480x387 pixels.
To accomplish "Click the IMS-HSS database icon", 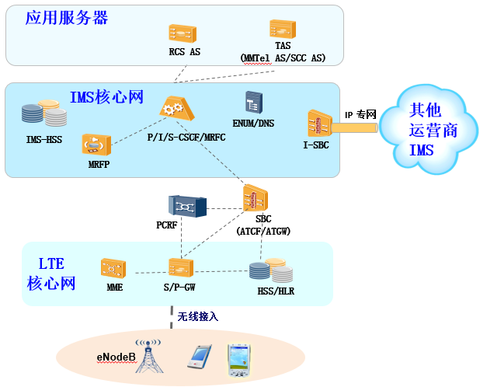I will [43, 114].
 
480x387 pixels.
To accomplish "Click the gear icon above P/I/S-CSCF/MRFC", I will [175, 109].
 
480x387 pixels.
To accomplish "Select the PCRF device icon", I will [186, 206].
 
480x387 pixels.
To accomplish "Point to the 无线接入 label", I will [199, 317].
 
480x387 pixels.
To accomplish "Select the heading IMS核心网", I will [107, 97].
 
